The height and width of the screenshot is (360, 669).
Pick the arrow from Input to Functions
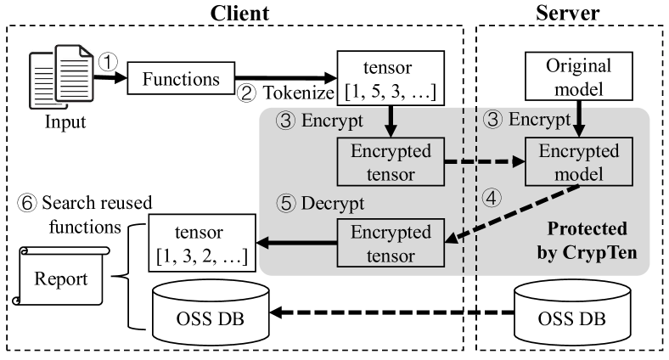click(104, 78)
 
